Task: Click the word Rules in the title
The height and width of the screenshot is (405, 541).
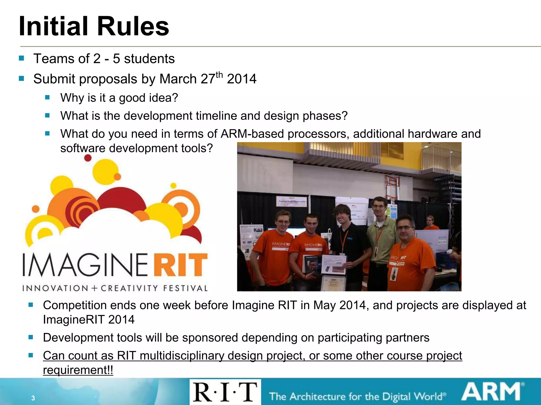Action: (x=133, y=26)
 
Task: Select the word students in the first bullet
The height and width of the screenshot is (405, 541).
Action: (x=149, y=59)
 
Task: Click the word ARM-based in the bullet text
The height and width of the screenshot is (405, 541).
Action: (x=252, y=134)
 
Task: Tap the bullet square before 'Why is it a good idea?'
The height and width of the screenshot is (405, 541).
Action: (x=48, y=98)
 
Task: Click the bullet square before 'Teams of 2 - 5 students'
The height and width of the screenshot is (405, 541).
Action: (x=22, y=58)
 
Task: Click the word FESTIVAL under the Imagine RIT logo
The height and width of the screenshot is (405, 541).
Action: (x=185, y=288)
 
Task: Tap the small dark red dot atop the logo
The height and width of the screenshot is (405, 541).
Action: (x=88, y=158)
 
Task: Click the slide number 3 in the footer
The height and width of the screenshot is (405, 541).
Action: (x=33, y=398)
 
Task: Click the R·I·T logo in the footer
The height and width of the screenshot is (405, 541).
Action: (x=225, y=392)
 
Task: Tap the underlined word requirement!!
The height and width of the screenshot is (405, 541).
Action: (x=78, y=370)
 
